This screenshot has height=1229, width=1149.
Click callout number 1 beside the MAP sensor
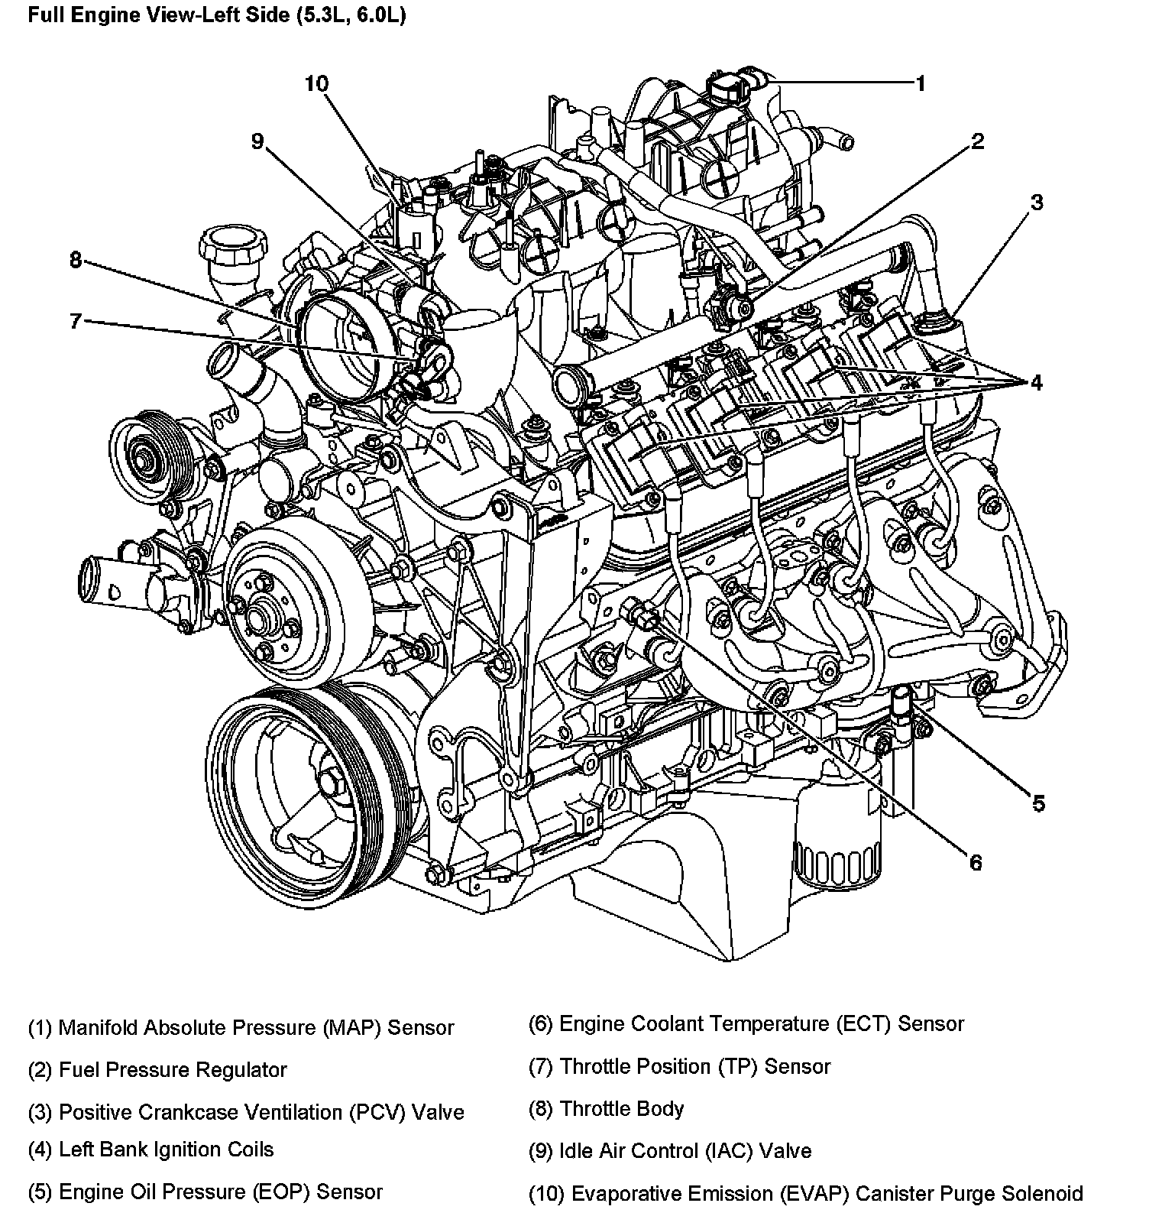point(921,83)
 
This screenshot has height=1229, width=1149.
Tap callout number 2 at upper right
point(977,141)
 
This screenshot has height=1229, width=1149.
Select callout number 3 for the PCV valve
point(1036,203)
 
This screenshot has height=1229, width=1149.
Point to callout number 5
point(1038,803)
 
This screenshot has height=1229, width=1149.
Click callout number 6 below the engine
point(976,863)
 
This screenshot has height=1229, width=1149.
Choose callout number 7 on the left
point(75,321)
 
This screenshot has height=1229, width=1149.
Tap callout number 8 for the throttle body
point(75,261)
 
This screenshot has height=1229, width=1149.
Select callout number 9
point(257,141)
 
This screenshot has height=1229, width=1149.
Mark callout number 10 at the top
point(316,83)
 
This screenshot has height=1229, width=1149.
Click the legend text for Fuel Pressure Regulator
point(157,1070)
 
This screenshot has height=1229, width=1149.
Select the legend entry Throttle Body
point(606,1109)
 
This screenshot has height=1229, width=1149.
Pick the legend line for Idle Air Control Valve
point(669,1151)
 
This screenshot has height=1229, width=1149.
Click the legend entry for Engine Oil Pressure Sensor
point(205,1192)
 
